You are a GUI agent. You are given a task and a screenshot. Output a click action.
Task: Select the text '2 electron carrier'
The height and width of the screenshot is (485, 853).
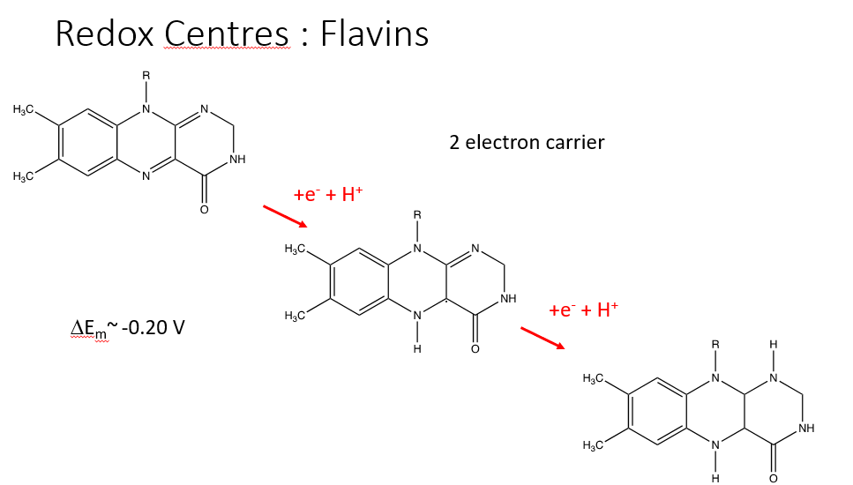coord(527,141)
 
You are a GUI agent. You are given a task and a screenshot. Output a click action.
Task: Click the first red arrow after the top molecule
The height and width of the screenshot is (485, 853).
coord(284,214)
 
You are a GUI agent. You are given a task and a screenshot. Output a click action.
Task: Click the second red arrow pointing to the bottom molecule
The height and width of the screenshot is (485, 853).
coord(542,338)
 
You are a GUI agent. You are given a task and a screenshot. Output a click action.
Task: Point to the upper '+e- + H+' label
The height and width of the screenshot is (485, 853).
coord(328,195)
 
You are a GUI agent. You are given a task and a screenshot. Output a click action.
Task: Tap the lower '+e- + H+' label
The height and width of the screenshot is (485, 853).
coord(584,310)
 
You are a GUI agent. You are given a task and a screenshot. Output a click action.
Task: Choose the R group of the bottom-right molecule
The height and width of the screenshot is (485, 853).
coord(715,345)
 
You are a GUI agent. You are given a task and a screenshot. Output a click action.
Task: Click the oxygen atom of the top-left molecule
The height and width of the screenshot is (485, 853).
coord(204,211)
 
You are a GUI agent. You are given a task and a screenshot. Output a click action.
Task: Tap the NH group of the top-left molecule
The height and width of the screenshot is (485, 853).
coord(237,160)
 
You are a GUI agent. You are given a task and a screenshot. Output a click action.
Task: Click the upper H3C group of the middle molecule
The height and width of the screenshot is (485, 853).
coord(295,250)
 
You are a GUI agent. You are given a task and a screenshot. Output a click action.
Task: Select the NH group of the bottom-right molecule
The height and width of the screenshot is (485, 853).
coord(805,429)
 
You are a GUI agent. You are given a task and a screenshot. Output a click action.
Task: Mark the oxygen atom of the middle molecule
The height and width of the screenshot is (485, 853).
coord(475,350)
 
